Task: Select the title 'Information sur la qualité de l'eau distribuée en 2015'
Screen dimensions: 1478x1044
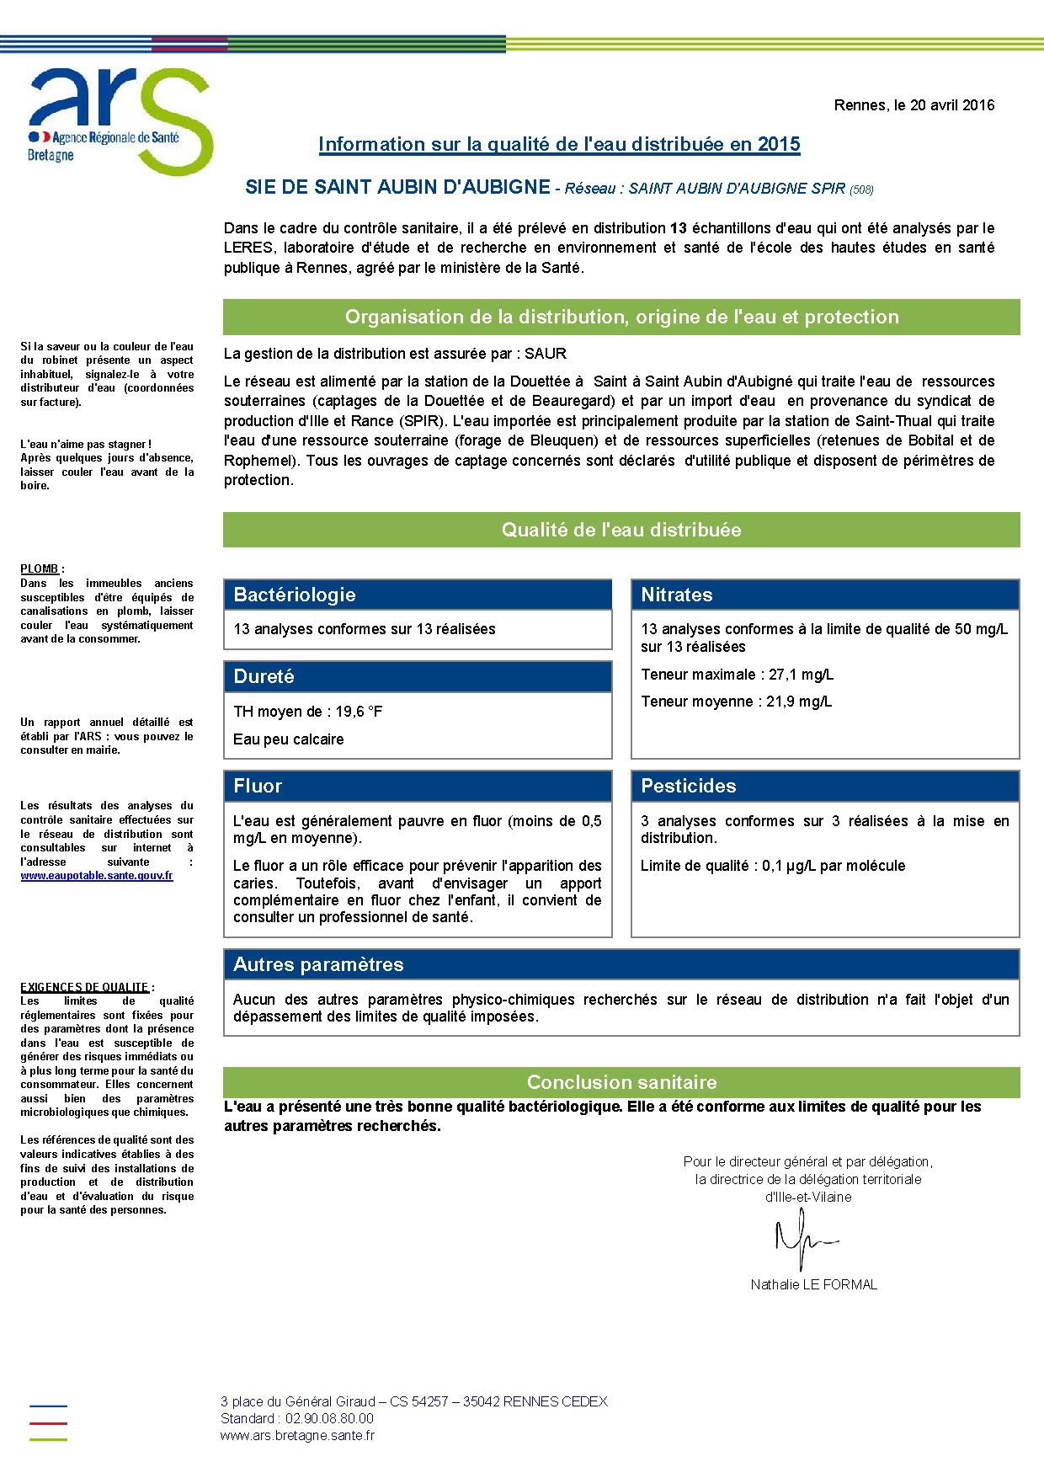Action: pos(559,144)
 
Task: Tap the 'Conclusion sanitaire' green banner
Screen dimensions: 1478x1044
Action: pos(621,1082)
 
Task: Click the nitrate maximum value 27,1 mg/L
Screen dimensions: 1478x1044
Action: pos(801,675)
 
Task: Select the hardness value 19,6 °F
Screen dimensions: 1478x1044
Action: pos(359,712)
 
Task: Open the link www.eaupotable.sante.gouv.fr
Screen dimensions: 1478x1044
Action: pos(97,876)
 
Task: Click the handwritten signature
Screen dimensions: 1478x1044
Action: pos(804,1239)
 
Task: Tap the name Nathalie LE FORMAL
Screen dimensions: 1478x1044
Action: pos(813,1284)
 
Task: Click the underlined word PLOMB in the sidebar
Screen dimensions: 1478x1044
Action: pos(40,569)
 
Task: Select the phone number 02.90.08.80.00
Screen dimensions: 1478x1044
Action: pos(329,1418)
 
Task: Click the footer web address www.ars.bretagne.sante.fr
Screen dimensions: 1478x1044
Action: pos(297,1435)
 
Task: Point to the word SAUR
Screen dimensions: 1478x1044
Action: pos(546,354)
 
